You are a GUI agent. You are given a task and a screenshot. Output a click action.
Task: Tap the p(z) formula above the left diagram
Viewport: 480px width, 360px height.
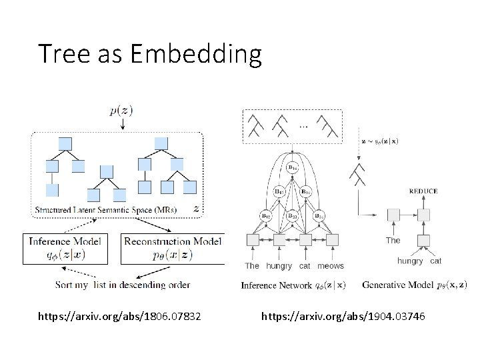[121, 111]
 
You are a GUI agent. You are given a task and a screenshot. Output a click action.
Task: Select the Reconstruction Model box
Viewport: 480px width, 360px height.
[172, 247]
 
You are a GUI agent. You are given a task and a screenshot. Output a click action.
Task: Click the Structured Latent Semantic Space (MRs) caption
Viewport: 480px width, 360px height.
[107, 210]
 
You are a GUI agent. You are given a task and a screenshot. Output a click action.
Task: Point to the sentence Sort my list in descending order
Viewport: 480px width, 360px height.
[123, 285]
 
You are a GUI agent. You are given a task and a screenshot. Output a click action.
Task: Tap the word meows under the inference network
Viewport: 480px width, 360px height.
[331, 266]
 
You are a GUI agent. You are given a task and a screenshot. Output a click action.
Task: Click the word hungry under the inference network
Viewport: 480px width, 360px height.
[279, 266]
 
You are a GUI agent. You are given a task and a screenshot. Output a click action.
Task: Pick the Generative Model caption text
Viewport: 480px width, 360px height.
[414, 285]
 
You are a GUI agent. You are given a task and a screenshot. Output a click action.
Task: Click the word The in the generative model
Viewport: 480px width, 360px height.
[393, 240]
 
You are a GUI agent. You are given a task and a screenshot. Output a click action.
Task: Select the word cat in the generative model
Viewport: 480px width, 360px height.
[435, 261]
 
